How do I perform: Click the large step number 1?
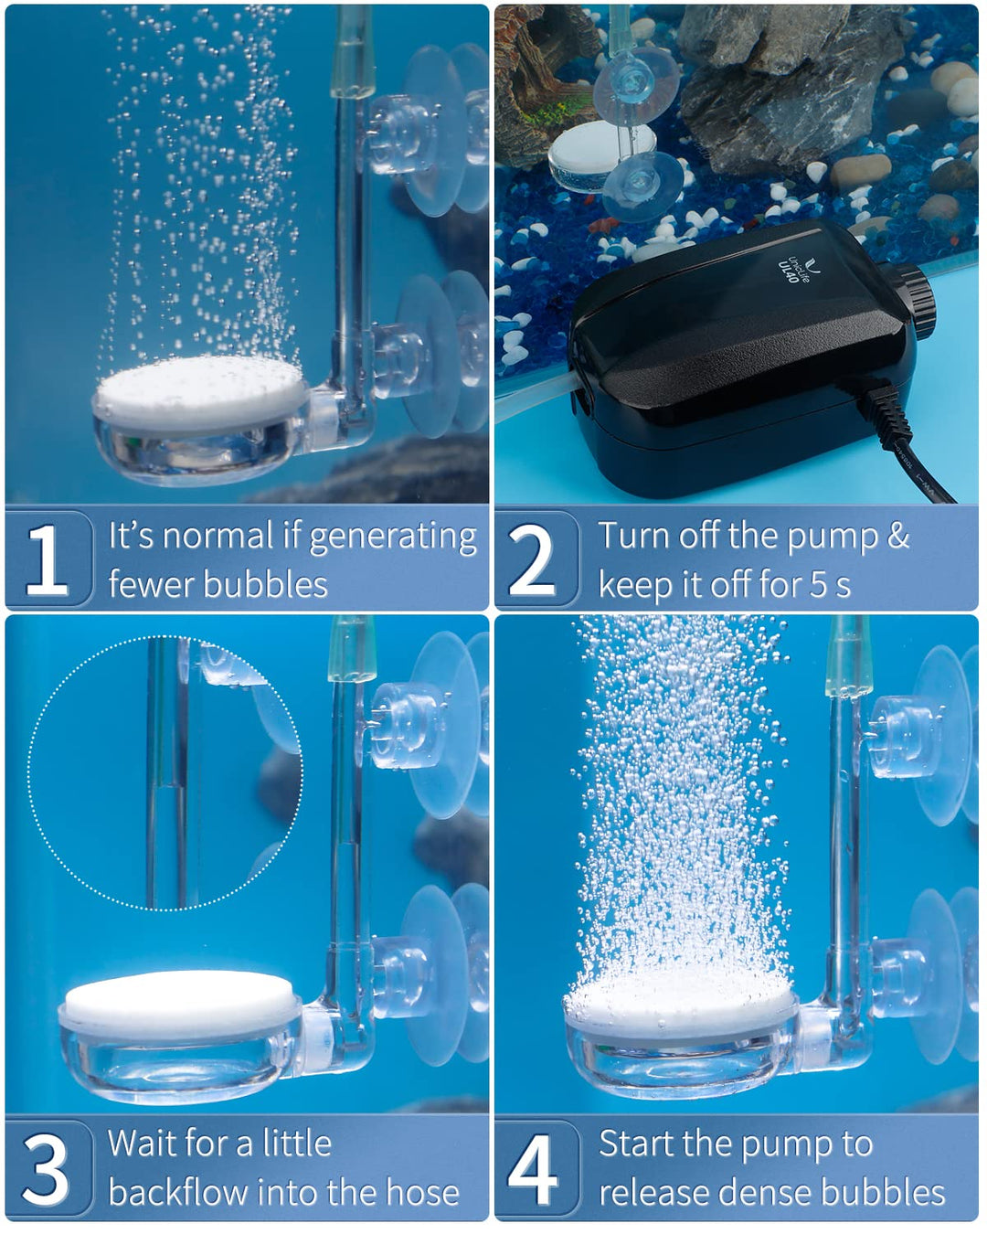coord(46,559)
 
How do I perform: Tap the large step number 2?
coord(531,559)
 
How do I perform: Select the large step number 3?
coord(46,1168)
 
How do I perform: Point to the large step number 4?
coord(532,1168)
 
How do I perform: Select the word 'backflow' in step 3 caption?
coord(176,1193)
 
